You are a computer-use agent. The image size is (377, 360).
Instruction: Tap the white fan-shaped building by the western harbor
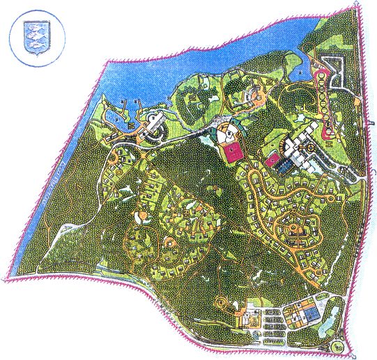(x=154, y=126)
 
